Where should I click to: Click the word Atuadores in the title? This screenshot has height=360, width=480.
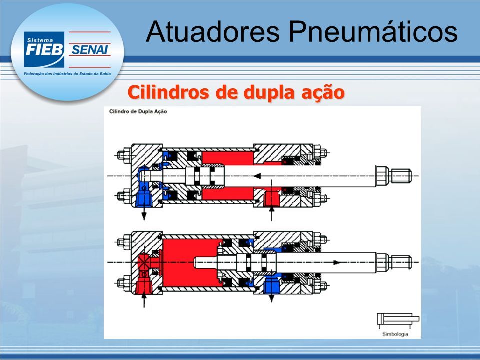(213, 31)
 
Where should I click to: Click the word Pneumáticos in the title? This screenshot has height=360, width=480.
(373, 31)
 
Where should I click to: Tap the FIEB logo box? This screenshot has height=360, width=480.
(44, 49)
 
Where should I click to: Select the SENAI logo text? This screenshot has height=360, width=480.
(89, 50)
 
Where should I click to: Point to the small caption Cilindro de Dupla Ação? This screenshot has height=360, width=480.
(138, 111)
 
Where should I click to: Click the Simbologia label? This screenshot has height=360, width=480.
(395, 334)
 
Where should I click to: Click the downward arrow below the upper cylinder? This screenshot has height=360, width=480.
(144, 213)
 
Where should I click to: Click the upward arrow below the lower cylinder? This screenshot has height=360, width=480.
(144, 300)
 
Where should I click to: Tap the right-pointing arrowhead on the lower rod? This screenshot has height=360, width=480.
(336, 262)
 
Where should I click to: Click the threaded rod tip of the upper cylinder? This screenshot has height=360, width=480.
(401, 176)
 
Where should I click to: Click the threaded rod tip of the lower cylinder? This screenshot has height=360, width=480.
(401, 263)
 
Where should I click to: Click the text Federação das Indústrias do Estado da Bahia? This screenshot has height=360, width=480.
(67, 74)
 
